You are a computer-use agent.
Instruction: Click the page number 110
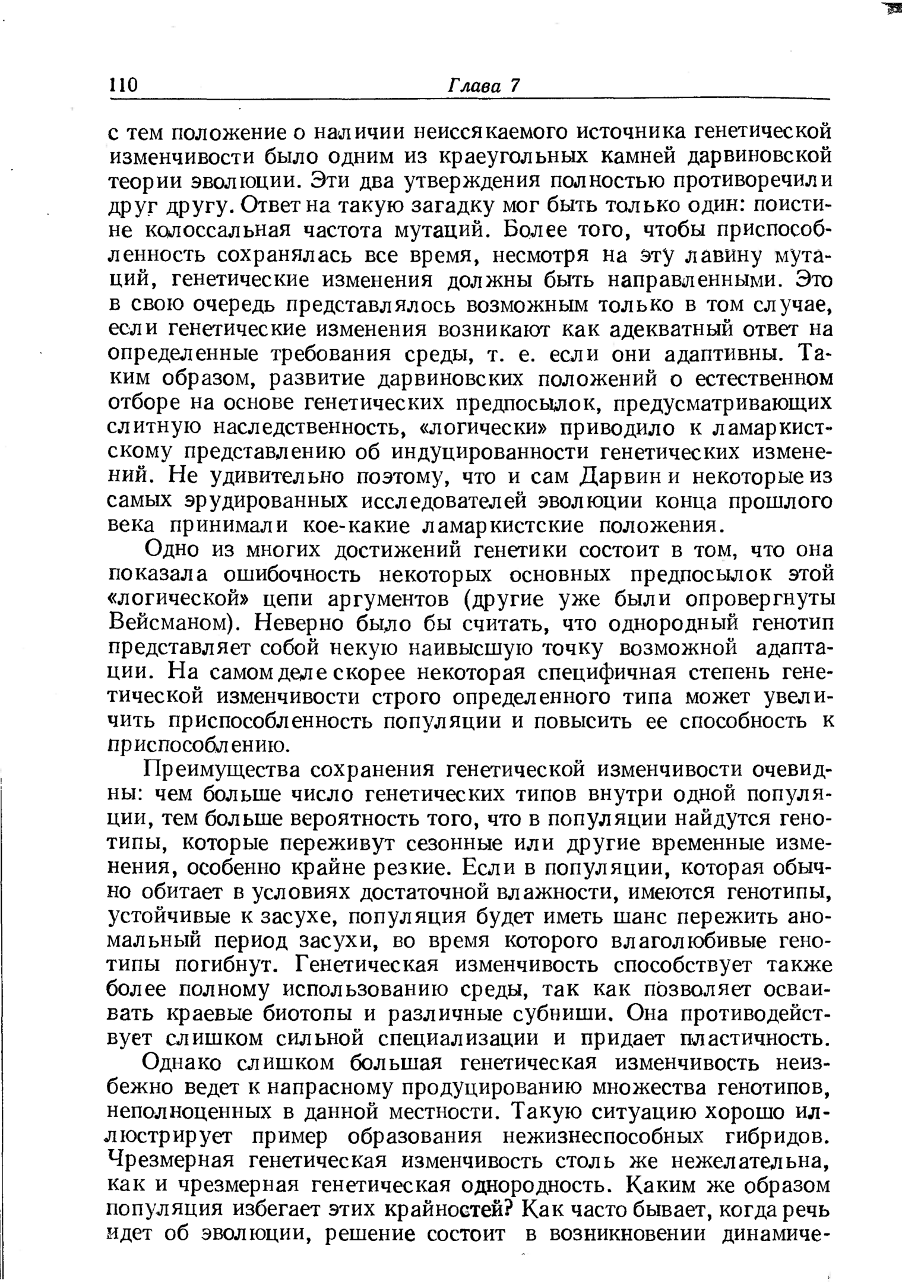click(x=124, y=85)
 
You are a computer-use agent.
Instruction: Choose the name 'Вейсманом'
click(x=171, y=624)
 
